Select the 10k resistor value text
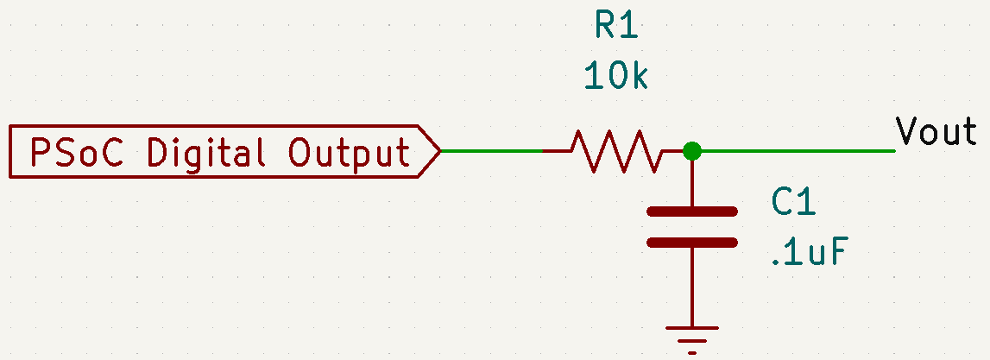(x=616, y=75)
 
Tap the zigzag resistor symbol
(x=616, y=151)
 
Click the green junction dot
(x=692, y=151)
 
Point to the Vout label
(x=936, y=132)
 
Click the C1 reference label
(x=794, y=203)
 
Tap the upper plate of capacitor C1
(x=692, y=212)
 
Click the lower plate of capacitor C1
(x=692, y=242)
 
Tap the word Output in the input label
(x=350, y=153)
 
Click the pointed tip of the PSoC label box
(x=439, y=152)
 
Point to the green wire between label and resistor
(x=491, y=151)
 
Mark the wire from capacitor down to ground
(x=692, y=287)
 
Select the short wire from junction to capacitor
(x=692, y=183)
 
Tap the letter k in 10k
(x=639, y=75)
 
